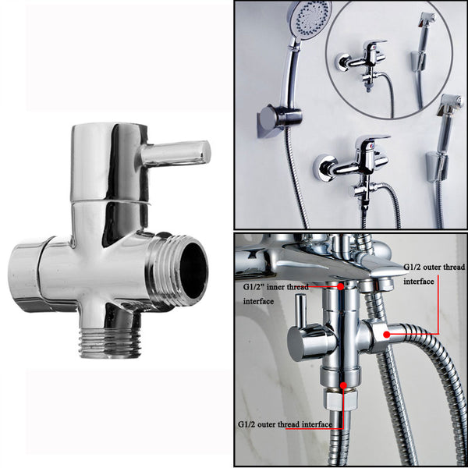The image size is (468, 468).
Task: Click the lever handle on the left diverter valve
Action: pyautogui.click(x=178, y=151)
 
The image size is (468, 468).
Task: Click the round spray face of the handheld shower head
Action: pyautogui.click(x=308, y=18)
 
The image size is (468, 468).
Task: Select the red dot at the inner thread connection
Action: pyautogui.click(x=341, y=286)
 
